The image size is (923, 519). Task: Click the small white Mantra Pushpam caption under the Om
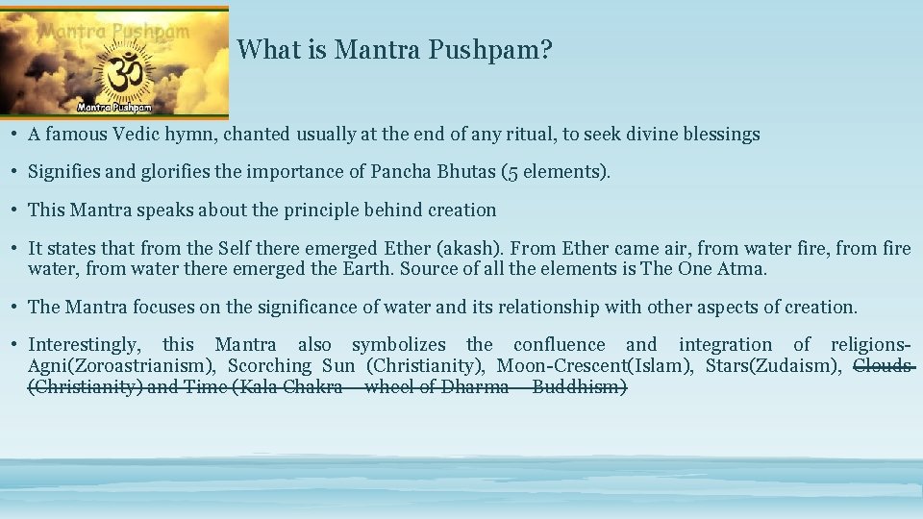(123, 107)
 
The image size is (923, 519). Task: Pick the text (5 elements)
(563, 172)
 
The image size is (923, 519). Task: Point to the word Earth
(365, 268)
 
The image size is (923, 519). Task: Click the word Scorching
(269, 365)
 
